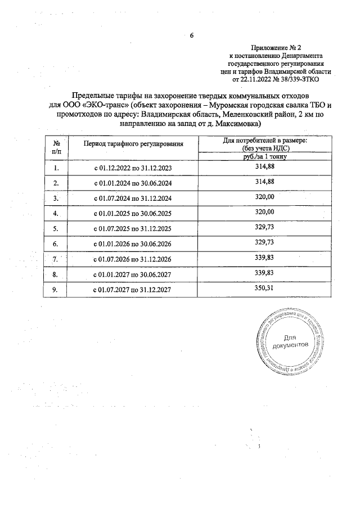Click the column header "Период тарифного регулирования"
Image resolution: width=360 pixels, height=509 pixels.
[x=134, y=145]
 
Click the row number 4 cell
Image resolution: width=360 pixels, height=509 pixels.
[x=56, y=214]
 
